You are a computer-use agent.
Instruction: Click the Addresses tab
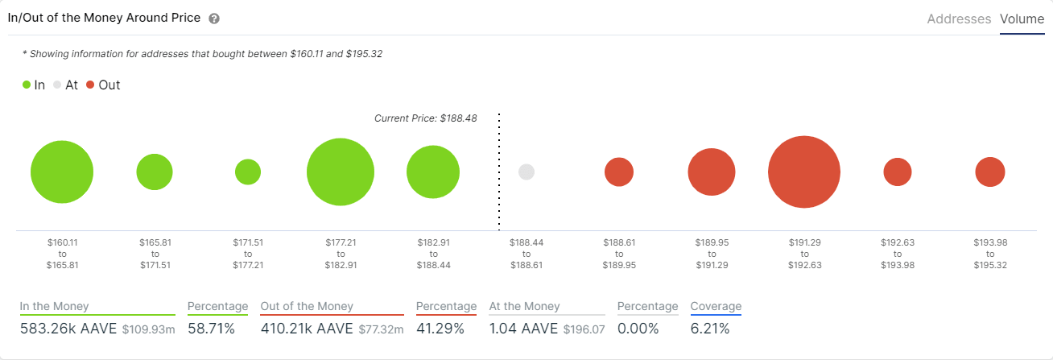point(959,19)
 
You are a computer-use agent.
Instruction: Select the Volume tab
point(1022,19)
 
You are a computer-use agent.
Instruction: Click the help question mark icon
point(213,19)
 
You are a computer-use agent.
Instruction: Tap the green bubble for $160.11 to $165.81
point(62,172)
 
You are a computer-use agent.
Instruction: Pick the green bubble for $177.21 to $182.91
point(341,172)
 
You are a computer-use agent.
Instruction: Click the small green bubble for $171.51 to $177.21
point(248,172)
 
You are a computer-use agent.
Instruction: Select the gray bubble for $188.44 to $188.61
point(526,172)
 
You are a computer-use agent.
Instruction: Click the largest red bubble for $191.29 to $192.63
point(803,172)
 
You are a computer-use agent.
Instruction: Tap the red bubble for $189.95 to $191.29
point(711,172)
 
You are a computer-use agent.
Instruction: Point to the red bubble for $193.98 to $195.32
point(990,172)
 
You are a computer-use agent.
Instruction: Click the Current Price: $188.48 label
point(425,118)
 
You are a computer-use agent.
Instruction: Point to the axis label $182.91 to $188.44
point(433,254)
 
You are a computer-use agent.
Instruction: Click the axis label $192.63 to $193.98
point(897,254)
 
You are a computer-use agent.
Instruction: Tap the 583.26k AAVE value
point(68,329)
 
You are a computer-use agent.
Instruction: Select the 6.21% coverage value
point(709,329)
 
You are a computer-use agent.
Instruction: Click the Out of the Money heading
point(307,306)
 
